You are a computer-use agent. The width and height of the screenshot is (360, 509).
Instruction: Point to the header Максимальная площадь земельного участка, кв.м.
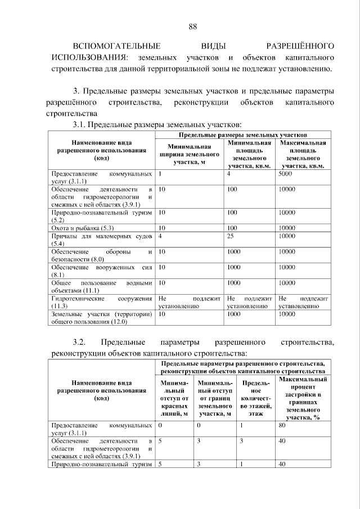point(303,155)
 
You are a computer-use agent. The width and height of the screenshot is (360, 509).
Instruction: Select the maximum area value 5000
point(286,174)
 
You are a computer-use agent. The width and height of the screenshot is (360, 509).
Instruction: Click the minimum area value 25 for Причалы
point(231,237)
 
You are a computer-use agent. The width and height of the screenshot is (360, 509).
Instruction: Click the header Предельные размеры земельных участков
point(242,136)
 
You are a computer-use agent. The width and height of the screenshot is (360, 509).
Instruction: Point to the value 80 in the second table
point(282,426)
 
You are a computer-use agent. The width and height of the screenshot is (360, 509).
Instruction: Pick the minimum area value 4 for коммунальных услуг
point(229,174)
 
